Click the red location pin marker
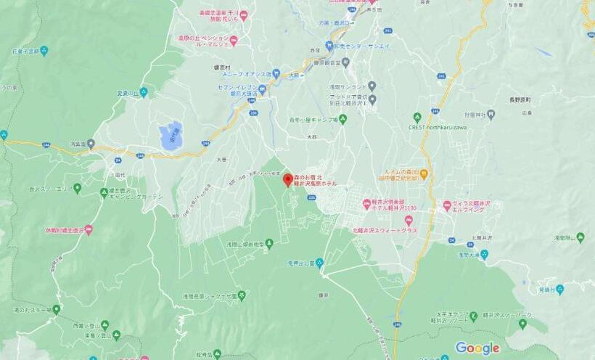coord(287,179)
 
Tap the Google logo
coord(477,348)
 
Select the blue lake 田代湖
coord(170,136)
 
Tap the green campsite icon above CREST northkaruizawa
coord(416,116)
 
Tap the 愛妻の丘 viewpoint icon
coord(144,92)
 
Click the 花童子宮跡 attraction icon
coord(44,51)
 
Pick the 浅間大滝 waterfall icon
coord(484,254)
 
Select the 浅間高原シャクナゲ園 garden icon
coord(242,295)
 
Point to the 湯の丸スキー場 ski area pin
coord(56,309)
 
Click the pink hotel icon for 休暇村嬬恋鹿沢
coord(89,230)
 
